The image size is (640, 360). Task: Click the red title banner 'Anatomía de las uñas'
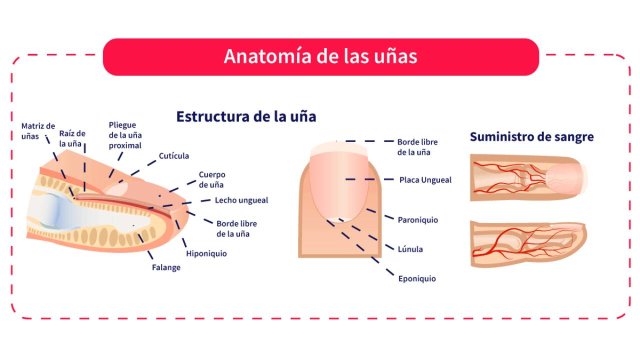pos(320,56)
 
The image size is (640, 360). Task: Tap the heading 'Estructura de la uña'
pos(246,116)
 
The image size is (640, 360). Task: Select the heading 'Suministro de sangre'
pos(531,136)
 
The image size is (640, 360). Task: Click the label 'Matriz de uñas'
pos(38,131)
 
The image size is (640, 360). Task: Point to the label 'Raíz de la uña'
pos(72,138)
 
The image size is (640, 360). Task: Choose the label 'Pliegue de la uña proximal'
pos(125,135)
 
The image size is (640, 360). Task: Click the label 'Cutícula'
pos(174,156)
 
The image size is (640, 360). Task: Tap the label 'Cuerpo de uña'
pos(212,179)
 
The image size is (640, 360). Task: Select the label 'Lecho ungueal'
pos(241,200)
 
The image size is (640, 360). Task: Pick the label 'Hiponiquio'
pos(206,253)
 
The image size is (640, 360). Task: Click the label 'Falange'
pos(166,267)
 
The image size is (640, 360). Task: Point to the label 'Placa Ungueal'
pos(425,179)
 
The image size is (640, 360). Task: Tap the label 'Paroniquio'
pos(417,220)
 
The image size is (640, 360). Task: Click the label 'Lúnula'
pos(410,249)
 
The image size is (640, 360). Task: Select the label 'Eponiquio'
pos(416,278)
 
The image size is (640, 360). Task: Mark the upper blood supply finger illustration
pos(529,178)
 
